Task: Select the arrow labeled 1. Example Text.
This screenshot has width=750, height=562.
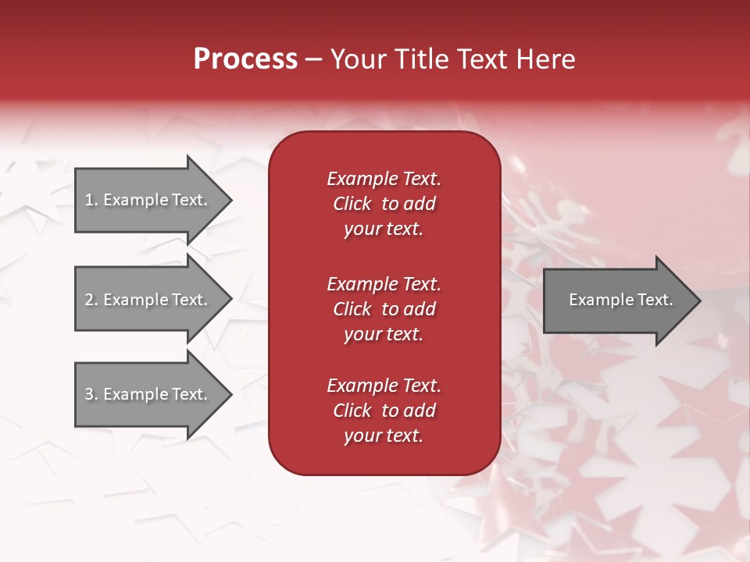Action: tap(146, 200)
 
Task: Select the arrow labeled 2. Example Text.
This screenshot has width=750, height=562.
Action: tap(146, 300)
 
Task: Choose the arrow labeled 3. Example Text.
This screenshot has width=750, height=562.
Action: tap(146, 394)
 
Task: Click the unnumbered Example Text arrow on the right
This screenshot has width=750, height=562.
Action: tap(621, 300)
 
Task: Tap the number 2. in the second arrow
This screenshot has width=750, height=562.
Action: tap(91, 300)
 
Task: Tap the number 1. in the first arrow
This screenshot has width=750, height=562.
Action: tap(91, 200)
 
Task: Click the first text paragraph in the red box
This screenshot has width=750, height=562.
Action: tap(384, 204)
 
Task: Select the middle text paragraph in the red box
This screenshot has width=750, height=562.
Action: tap(384, 309)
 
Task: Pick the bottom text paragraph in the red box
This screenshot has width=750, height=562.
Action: tap(384, 411)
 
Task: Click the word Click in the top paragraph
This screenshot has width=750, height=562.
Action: tap(352, 204)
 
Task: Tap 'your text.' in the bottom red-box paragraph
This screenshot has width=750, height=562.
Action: tap(384, 436)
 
